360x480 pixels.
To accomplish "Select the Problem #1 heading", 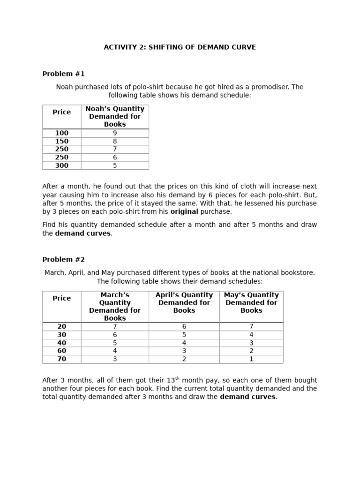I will (63, 74).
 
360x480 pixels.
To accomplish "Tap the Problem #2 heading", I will (63, 259).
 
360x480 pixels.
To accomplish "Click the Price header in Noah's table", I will (62, 112).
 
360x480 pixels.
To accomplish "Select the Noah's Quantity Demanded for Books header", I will (115, 116).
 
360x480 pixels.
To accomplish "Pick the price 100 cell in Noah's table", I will (62, 133).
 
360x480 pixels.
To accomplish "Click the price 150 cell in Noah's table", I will (62, 141).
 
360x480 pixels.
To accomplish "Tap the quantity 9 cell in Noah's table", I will (115, 133).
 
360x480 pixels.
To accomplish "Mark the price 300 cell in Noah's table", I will (62, 165).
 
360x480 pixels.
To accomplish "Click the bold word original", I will (184, 211).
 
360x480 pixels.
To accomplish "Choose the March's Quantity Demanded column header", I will (115, 306).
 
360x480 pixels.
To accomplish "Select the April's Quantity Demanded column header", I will (184, 302).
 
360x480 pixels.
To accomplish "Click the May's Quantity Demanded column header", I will (251, 302).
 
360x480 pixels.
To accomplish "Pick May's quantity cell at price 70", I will (251, 359).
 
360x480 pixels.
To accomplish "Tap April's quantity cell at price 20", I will (184, 326).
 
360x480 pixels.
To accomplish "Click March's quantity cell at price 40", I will (115, 343).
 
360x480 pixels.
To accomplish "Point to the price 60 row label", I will (62, 351).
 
